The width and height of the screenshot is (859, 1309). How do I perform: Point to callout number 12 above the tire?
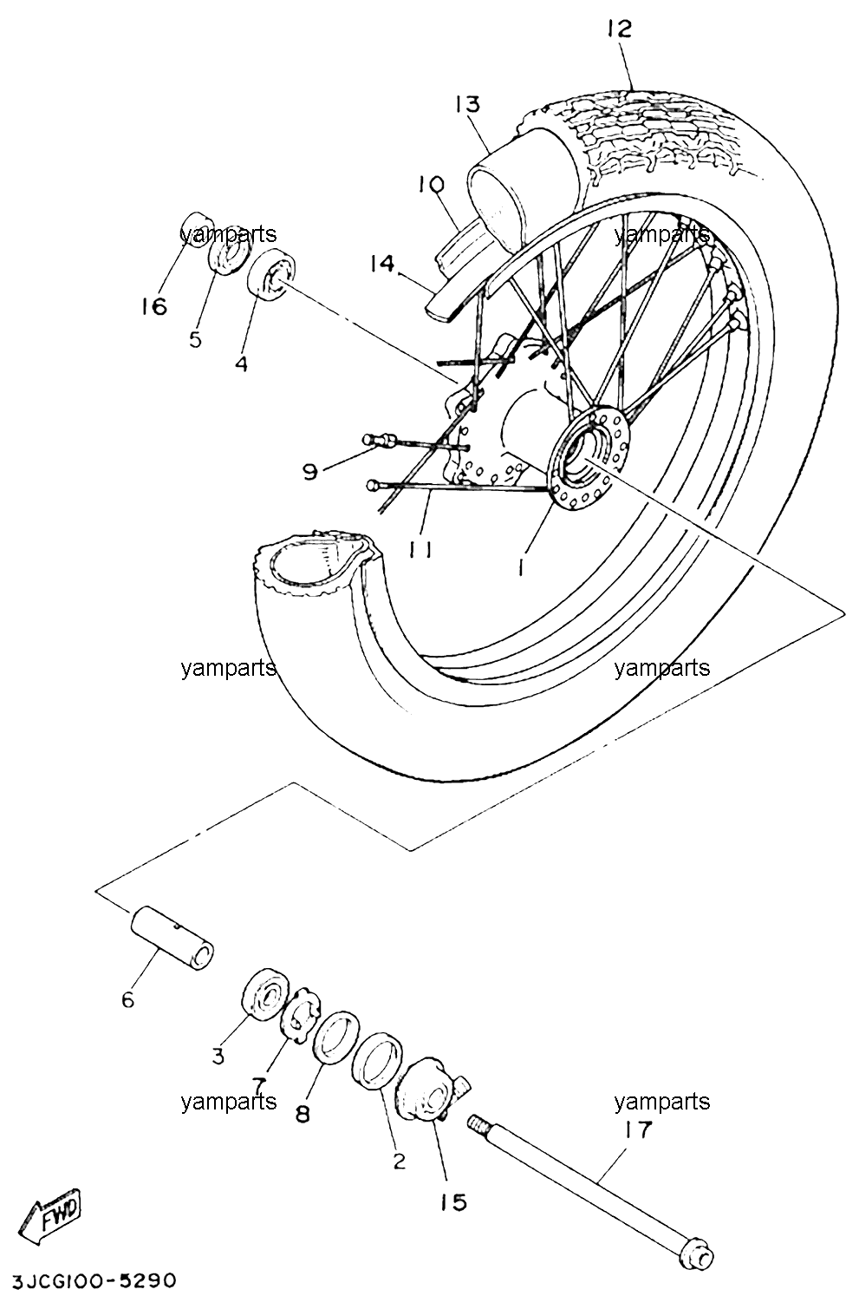pyautogui.click(x=619, y=28)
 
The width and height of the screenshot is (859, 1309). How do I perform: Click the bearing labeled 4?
pyautogui.click(x=271, y=274)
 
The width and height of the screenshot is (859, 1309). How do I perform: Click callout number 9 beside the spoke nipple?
pyautogui.click(x=310, y=471)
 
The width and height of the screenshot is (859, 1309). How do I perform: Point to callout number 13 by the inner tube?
pyautogui.click(x=468, y=104)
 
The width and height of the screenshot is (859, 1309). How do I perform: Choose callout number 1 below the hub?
pyautogui.click(x=521, y=565)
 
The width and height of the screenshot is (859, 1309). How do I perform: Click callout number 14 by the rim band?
pyautogui.click(x=382, y=264)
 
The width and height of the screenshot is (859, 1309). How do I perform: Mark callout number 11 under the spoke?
pyautogui.click(x=420, y=549)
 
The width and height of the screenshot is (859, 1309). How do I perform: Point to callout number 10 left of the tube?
pyautogui.click(x=431, y=184)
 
